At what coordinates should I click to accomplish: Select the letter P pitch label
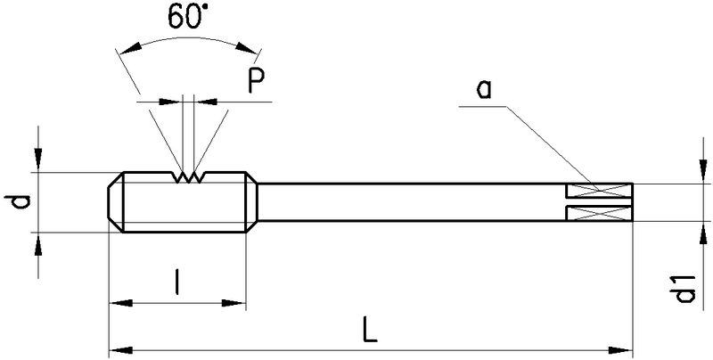[257, 82]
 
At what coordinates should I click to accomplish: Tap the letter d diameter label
[23, 202]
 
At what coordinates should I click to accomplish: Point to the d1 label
[684, 290]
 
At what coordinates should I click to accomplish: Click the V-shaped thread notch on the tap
[187, 178]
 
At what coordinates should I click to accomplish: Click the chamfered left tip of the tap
[114, 202]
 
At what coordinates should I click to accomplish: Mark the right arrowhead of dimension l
[238, 304]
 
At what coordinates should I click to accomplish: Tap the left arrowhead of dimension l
[116, 304]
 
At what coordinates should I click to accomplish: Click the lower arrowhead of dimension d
[37, 241]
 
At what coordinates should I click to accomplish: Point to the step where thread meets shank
[257, 202]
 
